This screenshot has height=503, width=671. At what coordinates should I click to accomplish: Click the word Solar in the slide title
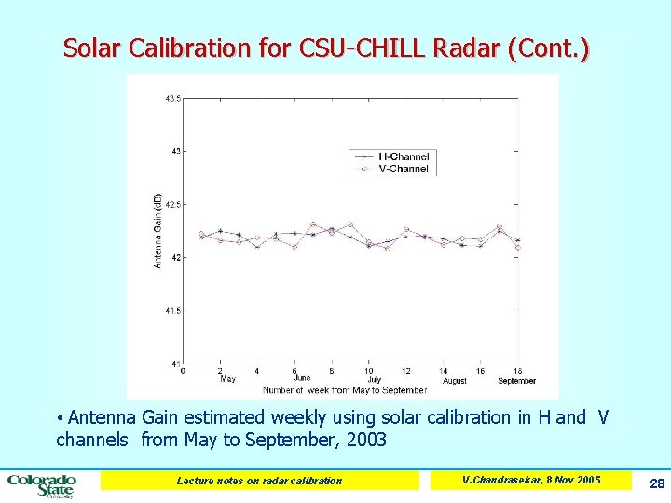coord(91,48)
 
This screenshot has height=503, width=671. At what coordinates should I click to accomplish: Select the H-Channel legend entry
coord(403,157)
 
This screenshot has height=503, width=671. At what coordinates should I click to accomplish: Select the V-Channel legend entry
coord(403,169)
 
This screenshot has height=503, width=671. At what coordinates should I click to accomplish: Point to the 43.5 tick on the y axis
coord(172,98)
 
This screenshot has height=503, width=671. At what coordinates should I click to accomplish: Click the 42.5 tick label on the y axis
coord(172,204)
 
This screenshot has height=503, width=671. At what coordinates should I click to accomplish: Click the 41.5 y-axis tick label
coord(172,310)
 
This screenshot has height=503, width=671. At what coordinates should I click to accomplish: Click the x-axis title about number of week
coord(345,389)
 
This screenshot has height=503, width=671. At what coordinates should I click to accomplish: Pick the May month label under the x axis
coord(227,379)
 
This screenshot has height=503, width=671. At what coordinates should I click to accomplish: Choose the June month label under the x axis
coord(302,379)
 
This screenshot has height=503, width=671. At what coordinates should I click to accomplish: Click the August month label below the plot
coord(455,380)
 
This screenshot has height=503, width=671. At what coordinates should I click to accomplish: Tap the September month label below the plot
coord(516,380)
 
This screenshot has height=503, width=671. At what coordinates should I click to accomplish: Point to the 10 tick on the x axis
coord(369,370)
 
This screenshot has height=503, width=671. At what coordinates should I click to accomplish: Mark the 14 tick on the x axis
coord(444,370)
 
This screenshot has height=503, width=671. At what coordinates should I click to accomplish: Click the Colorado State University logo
coord(42,484)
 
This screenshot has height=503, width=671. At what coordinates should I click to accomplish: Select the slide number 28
coord(656,483)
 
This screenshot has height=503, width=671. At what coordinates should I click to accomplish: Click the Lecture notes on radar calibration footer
coord(259,481)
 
